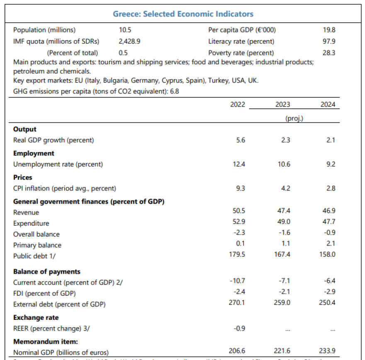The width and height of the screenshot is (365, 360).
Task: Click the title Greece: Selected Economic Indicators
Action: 183,14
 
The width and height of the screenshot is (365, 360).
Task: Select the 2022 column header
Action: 238,105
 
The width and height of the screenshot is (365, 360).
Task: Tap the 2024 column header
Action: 328,105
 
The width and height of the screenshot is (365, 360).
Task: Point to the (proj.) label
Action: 294,118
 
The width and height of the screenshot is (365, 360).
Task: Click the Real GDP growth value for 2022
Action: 241,140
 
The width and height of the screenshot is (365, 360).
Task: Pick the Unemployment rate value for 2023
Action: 284,164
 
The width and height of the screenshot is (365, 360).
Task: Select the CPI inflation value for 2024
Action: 330,188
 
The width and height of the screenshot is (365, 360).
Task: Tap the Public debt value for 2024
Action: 328,254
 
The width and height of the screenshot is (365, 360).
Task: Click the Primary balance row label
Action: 37,245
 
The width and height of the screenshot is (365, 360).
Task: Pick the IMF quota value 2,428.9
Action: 127,41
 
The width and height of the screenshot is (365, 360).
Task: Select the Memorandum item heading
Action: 46,342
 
